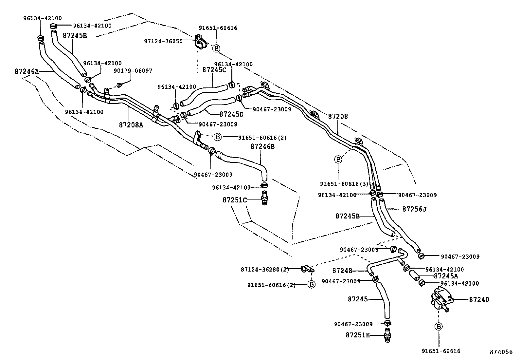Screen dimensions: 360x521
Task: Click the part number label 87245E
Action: tap(75, 35)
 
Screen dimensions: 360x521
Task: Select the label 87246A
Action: tap(27, 71)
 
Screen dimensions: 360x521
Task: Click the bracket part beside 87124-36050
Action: tap(200, 42)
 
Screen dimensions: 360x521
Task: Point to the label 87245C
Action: tap(214, 70)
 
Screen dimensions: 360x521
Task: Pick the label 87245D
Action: tap(231, 114)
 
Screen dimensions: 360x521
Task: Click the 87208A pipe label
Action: tap(131, 125)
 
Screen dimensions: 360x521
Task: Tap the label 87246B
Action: tap(262, 146)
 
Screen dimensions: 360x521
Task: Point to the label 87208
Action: tap(338, 116)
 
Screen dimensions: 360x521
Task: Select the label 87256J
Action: tap(414, 209)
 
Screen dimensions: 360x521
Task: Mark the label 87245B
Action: tap(347, 216)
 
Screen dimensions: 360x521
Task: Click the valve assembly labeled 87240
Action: tap(440, 298)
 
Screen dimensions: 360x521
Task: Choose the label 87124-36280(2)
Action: tap(265, 270)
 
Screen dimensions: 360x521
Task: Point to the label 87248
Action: tap(342, 271)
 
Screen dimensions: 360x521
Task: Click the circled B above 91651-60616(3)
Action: tap(338, 160)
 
